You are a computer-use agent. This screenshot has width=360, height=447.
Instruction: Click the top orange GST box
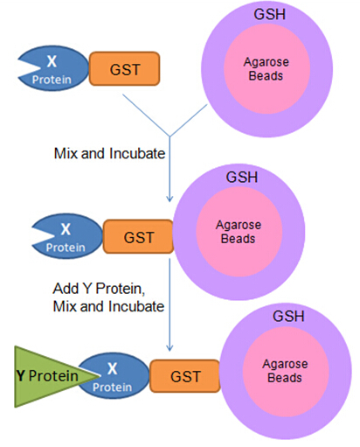point(124,69)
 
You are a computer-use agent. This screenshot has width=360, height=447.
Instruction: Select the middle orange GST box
point(138,236)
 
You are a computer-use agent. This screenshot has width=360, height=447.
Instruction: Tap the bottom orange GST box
point(184,376)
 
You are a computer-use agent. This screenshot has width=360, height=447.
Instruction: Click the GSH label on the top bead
point(269,14)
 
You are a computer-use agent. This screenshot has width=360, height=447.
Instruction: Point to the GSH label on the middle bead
point(242,177)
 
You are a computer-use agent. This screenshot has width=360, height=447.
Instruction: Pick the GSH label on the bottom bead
point(288,317)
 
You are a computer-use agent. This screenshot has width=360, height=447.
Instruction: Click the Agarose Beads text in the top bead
point(267,69)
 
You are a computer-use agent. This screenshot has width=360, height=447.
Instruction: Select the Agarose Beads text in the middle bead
point(239,232)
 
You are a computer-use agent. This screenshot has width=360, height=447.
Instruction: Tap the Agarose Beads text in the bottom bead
point(285,371)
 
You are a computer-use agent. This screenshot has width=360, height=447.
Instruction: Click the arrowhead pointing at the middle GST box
point(170,199)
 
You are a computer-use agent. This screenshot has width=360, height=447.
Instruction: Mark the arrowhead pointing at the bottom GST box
point(170,348)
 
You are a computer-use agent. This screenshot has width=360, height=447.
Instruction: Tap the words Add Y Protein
point(99,289)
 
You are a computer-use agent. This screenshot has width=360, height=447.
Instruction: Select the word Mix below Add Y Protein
point(65,306)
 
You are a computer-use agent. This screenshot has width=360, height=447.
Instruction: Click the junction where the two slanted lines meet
point(170,136)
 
